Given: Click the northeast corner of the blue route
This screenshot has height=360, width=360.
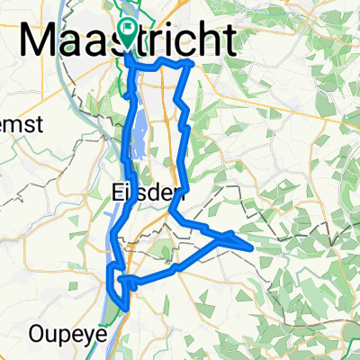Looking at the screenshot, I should tap(191, 64).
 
